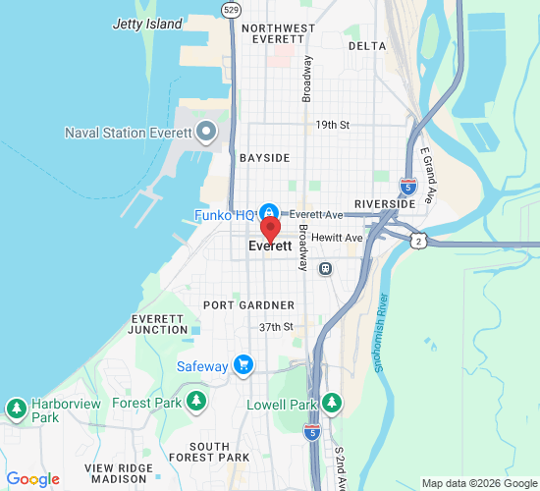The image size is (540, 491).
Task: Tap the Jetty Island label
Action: [147, 23]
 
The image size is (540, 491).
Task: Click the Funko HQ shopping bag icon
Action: [267, 213]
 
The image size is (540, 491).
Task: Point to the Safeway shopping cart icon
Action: [243, 366]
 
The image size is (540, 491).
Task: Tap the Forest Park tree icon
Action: [197, 402]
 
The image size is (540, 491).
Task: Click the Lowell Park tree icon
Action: [332, 403]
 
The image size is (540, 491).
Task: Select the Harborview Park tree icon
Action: [17, 408]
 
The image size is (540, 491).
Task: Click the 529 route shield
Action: [231, 10]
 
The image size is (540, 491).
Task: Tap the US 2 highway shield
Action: [418, 242]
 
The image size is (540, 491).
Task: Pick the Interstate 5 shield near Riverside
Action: [408, 184]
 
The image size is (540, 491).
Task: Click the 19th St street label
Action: [332, 126]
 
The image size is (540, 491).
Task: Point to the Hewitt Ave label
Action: [341, 238]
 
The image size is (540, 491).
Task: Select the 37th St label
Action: [276, 327]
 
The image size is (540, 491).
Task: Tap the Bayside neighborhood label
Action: [264, 157]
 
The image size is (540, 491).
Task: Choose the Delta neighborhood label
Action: [367, 46]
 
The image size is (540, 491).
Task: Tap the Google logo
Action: [32, 479]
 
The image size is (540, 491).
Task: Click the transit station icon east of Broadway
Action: [325, 267]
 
